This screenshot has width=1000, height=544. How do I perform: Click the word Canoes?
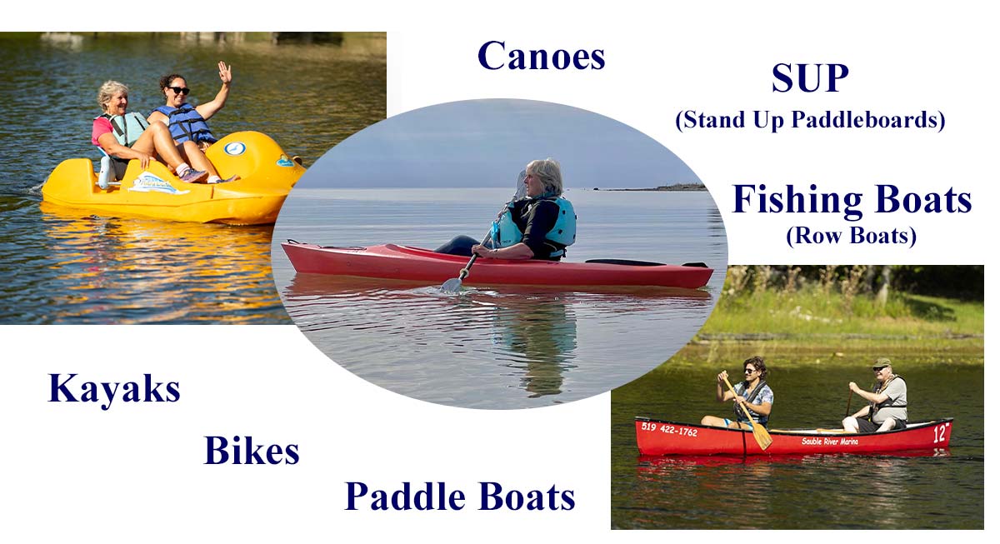tap(541, 56)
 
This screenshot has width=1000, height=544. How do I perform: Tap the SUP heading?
tap(810, 78)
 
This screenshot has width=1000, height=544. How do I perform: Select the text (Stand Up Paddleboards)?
tap(810, 120)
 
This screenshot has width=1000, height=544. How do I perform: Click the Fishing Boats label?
tap(852, 201)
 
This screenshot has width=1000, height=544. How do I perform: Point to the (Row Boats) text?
tap(851, 236)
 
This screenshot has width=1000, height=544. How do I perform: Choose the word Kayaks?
tap(114, 389)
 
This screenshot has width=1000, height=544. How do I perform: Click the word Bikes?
tap(252, 451)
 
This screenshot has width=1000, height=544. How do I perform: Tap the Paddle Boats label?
tap(460, 497)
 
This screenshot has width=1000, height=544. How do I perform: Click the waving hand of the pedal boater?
tap(224, 72)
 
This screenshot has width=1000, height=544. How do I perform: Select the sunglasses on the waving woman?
tap(178, 90)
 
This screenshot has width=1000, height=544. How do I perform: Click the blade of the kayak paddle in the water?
tap(451, 284)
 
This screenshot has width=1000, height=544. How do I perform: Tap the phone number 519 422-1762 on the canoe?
tap(669, 429)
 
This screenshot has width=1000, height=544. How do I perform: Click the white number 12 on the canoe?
tap(941, 433)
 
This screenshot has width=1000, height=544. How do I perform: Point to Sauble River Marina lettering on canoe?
tap(830, 442)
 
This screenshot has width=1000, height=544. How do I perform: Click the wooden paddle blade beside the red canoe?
tap(762, 437)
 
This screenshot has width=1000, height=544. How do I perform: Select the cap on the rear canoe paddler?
tap(882, 363)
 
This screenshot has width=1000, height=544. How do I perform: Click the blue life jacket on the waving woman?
tap(187, 123)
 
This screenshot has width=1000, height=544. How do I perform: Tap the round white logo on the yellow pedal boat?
tap(235, 148)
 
